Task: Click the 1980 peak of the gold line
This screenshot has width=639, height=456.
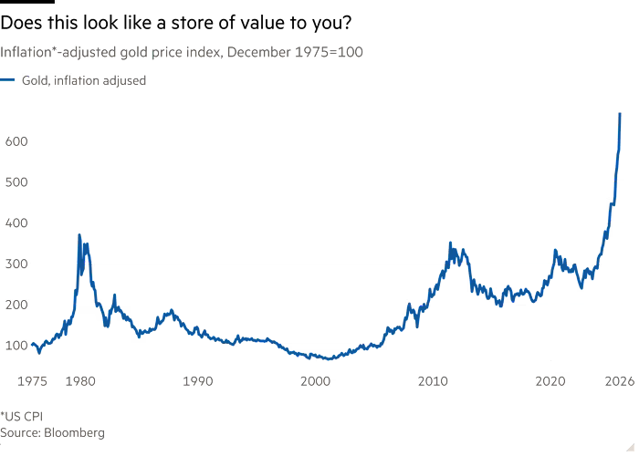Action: click(79, 235)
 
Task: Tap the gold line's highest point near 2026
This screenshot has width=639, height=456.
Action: click(621, 113)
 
